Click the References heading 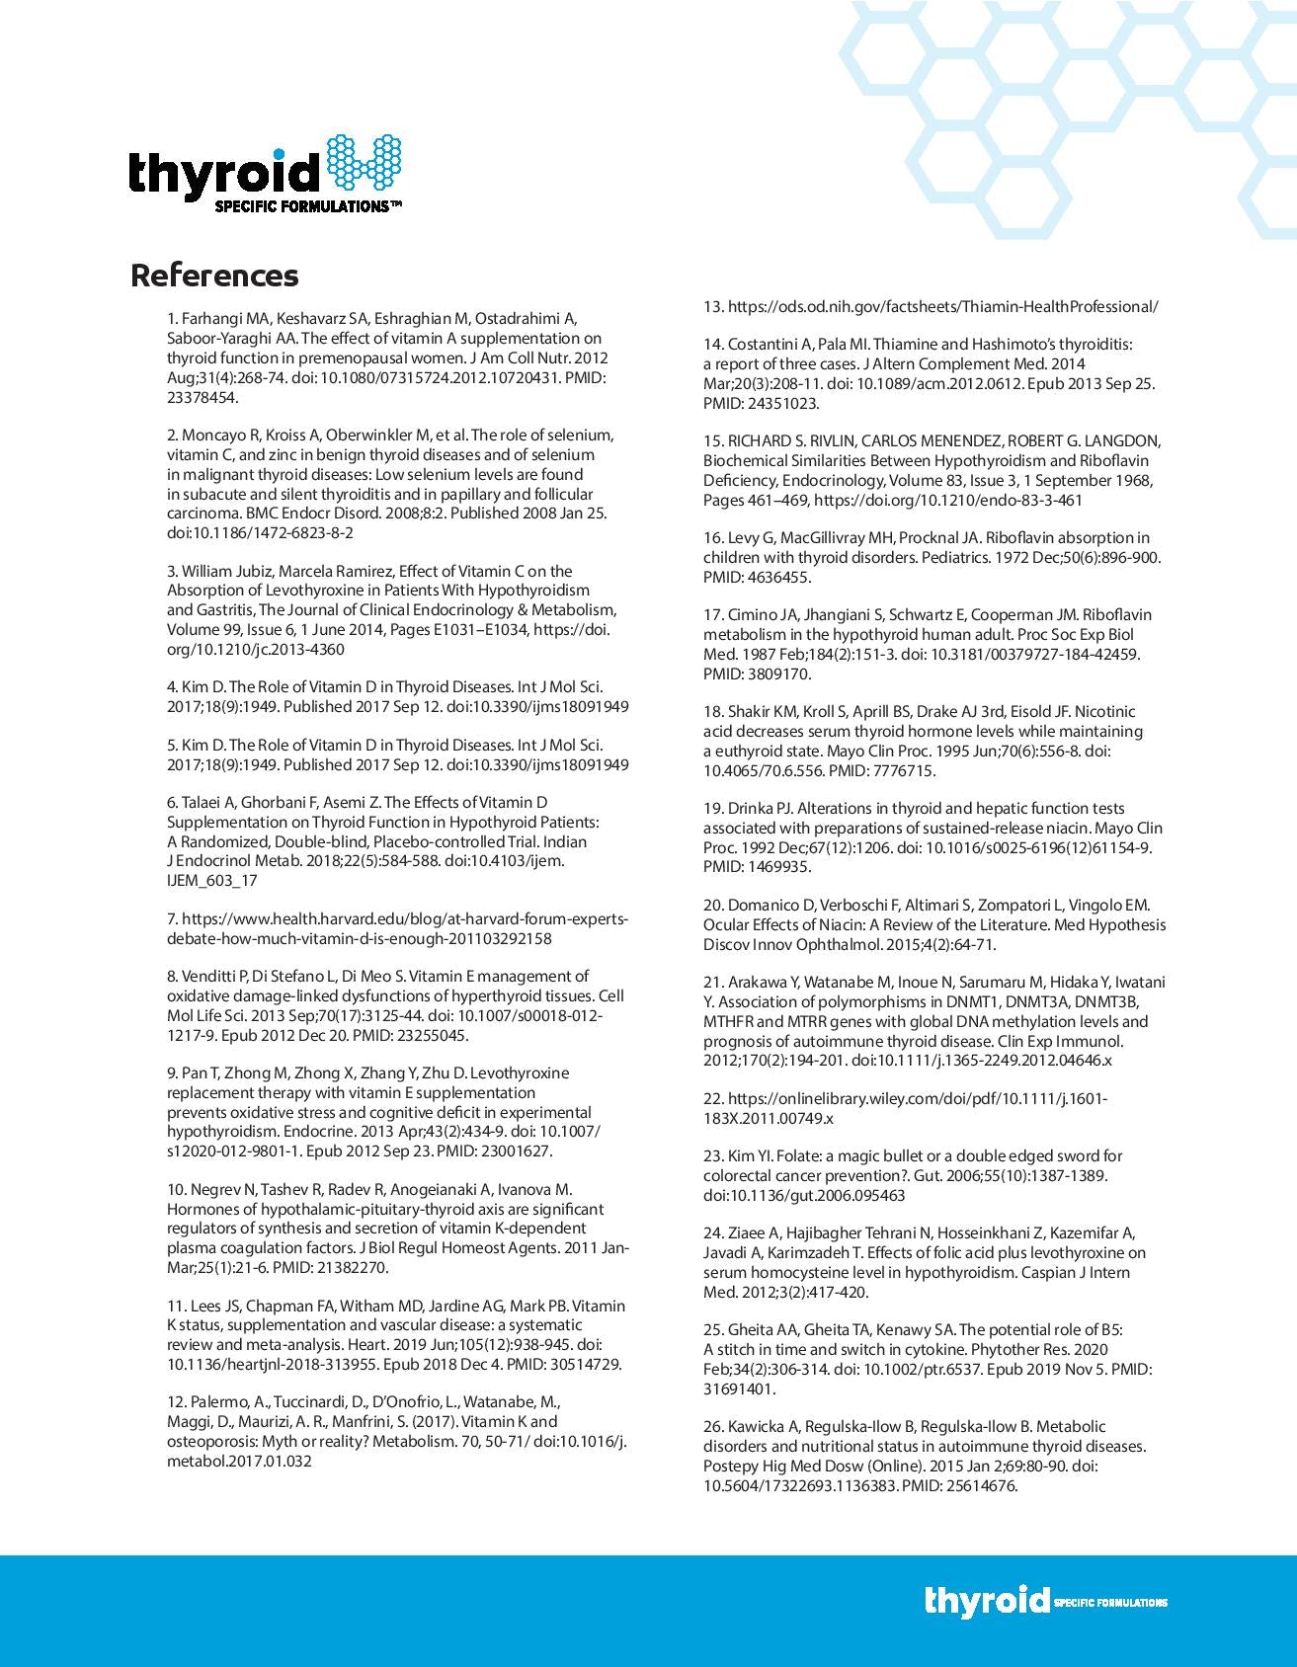pyautogui.click(x=213, y=276)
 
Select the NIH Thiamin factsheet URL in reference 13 pyautogui.click(x=942, y=306)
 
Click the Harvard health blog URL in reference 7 pyautogui.click(x=397, y=928)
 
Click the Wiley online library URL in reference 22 pyautogui.click(x=905, y=1108)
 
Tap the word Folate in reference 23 pyautogui.click(x=771, y=1156)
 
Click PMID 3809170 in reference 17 pyautogui.click(x=757, y=674)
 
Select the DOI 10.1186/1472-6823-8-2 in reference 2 pyautogui.click(x=261, y=532)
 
